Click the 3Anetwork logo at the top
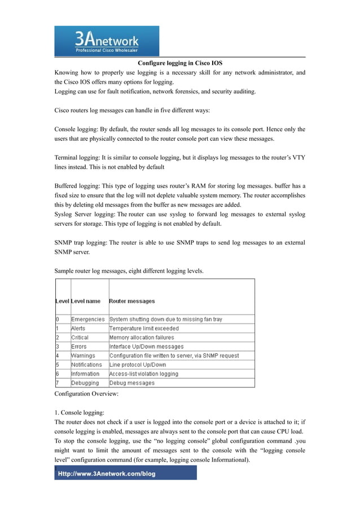pos(107,41)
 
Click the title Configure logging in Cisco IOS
pos(184,63)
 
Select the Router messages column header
pos(132,301)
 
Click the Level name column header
pos(86,301)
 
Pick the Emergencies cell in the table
pos(87,319)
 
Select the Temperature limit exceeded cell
pos(144,328)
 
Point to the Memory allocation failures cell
pos(142,337)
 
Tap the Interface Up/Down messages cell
pos(146,346)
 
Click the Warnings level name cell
pos(83,356)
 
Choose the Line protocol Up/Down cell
pos(138,365)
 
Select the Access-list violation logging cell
pos(143,374)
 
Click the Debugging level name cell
pos(85,383)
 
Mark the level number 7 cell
pos(58,383)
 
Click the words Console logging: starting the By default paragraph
pos(76,129)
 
